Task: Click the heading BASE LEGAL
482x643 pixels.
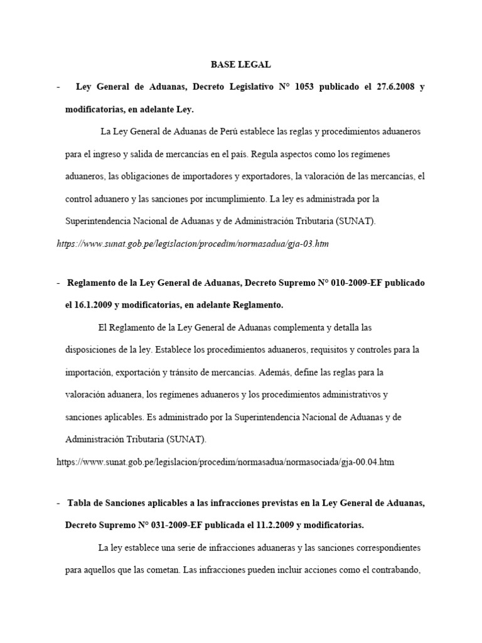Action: pyautogui.click(x=240, y=64)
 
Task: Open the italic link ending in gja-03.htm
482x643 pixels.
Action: pyautogui.click(x=193, y=244)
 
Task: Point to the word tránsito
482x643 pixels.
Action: pyautogui.click(x=186, y=372)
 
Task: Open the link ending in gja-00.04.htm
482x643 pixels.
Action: pyautogui.click(x=225, y=462)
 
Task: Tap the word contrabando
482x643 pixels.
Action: pyautogui.click(x=392, y=570)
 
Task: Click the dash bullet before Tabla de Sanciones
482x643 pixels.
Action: pyautogui.click(x=58, y=503)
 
